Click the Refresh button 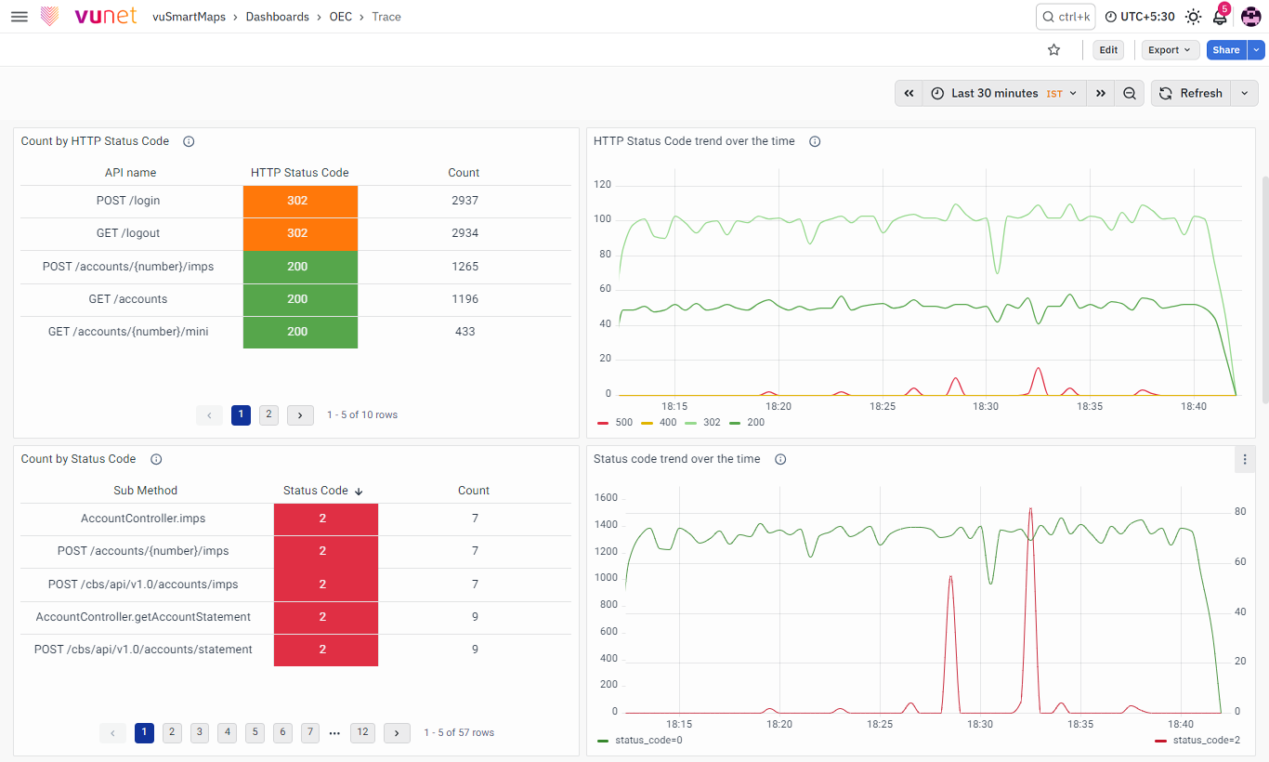point(1190,94)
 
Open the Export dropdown point(1170,50)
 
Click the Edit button point(1108,50)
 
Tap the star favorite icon point(1053,50)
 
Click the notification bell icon point(1220,17)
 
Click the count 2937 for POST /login point(464,201)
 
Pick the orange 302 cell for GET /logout point(300,233)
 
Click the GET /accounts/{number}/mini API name point(128,332)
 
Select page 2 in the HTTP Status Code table point(268,414)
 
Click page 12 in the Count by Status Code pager point(362,732)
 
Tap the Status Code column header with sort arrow point(322,491)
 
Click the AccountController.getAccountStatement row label point(143,616)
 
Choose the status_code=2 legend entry point(1197,741)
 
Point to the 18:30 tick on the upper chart point(986,406)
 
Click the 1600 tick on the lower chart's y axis point(606,497)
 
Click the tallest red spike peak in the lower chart point(1030,509)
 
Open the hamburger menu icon point(20,17)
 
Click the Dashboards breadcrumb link point(277,17)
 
